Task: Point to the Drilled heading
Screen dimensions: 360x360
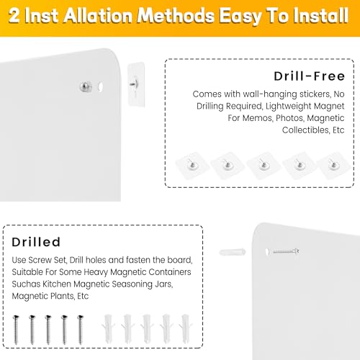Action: point(36,243)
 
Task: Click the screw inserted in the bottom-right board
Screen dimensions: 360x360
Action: point(284,251)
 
